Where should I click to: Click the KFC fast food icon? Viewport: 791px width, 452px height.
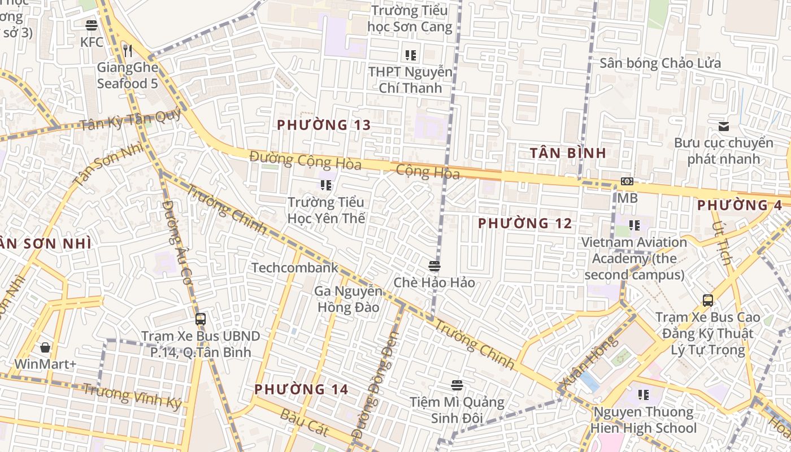click(x=92, y=25)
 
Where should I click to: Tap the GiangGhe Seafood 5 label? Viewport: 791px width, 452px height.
click(x=127, y=75)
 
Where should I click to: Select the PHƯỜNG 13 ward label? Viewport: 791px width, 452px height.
click(x=324, y=125)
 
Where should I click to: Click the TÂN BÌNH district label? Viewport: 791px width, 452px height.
click(x=568, y=153)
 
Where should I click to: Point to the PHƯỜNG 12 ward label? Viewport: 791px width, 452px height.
click(x=525, y=223)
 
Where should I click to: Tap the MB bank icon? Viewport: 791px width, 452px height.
click(x=627, y=181)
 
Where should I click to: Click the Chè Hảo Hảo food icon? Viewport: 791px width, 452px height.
click(x=434, y=266)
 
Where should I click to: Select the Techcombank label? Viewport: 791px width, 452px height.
click(x=295, y=268)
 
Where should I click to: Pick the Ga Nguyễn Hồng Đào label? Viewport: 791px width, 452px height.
click(x=349, y=299)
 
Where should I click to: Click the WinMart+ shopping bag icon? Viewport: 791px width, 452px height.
click(x=45, y=347)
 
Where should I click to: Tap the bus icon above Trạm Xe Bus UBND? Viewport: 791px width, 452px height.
click(x=201, y=319)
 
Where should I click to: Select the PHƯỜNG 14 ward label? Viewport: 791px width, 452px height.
click(x=301, y=389)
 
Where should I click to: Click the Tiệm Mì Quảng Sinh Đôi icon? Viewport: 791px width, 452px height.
click(x=457, y=385)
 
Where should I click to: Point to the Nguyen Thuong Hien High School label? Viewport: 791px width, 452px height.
click(x=644, y=420)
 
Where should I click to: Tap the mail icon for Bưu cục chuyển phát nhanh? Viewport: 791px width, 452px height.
click(x=724, y=126)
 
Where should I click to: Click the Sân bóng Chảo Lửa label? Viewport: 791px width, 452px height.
click(x=660, y=63)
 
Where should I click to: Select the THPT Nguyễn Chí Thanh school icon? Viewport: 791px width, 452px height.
click(x=411, y=55)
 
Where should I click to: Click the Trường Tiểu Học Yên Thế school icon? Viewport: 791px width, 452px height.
click(x=325, y=185)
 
